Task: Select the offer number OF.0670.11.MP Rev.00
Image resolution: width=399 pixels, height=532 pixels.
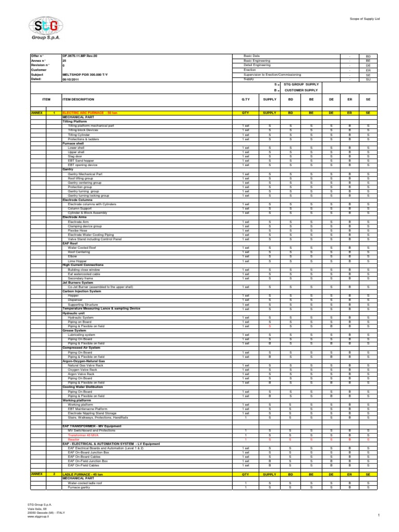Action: [x=79, y=56]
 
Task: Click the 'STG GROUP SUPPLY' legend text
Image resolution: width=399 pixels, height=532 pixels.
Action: [x=301, y=84]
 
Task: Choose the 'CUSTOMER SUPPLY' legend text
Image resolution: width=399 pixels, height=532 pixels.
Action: [x=301, y=90]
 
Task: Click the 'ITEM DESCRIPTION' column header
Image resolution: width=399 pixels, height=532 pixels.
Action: [x=78, y=99]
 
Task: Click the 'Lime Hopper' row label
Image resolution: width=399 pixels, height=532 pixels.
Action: [x=77, y=261]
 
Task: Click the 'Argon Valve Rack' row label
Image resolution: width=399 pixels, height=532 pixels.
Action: [x=81, y=374]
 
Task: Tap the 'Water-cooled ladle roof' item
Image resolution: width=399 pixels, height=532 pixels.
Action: [x=86, y=483]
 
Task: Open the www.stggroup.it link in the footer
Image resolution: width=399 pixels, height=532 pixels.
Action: [x=38, y=517]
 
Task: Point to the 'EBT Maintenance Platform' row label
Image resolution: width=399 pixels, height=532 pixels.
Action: [x=88, y=409]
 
